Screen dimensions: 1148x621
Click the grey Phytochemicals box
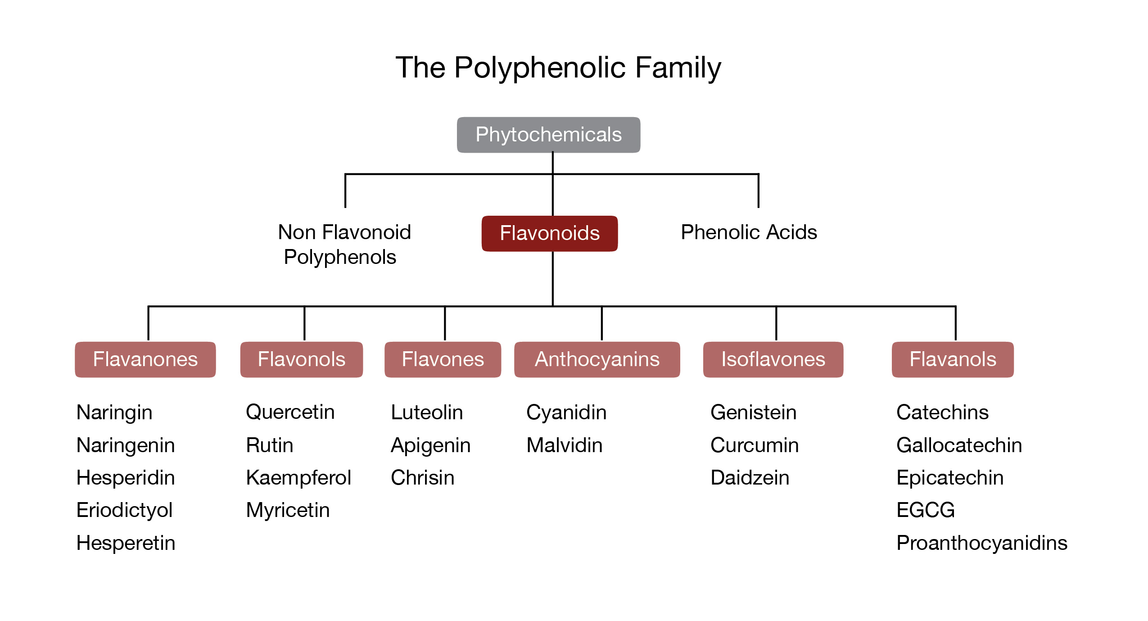coord(548,135)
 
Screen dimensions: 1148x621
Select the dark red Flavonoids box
coord(550,233)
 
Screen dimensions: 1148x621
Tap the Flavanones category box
coord(145,359)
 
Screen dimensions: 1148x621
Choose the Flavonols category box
coord(301,359)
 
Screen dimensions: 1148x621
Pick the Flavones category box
coord(443,359)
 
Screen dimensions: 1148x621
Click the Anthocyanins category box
coord(597,359)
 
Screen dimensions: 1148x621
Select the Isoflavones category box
coord(773,359)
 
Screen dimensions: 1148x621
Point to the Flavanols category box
coord(953,359)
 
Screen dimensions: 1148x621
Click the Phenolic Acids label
coord(749,232)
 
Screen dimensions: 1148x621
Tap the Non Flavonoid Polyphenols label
coord(344,245)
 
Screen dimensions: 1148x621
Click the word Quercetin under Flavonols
coord(290,412)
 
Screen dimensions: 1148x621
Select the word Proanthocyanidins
coord(982,543)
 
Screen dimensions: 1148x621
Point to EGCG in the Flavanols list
coord(926,510)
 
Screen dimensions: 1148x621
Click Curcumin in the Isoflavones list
coord(755,445)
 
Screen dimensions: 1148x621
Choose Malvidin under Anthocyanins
coord(565,445)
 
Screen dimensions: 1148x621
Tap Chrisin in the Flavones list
coord(423,477)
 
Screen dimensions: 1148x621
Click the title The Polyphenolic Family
coord(558,68)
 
